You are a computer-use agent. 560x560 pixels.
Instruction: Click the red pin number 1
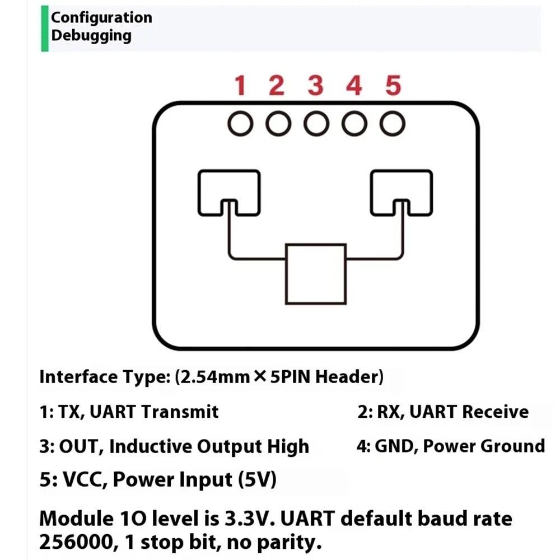tap(240, 86)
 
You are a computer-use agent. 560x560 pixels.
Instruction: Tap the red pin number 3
tap(316, 86)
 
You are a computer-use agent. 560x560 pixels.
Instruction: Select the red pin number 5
tap(393, 86)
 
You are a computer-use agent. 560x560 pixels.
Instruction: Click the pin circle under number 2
tap(278, 124)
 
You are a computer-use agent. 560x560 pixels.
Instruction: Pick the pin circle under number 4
tap(354, 124)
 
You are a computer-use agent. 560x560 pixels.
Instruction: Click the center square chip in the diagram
tap(315, 274)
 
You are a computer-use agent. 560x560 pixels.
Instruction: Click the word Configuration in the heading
tap(101, 17)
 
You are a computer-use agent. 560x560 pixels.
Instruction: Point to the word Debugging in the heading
tap(91, 35)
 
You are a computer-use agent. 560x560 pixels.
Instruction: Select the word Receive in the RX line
tap(495, 412)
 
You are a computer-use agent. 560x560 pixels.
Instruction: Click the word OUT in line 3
tap(79, 446)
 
